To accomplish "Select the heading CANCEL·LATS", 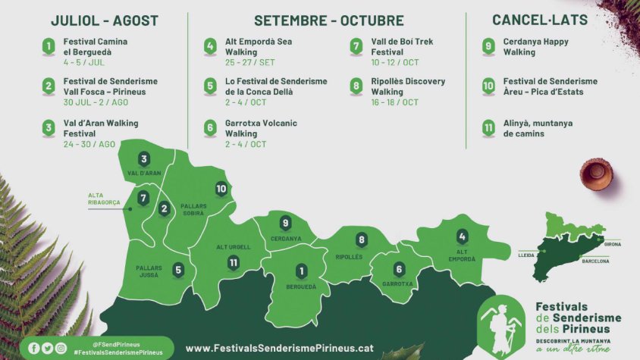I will pyautogui.click(x=539, y=20).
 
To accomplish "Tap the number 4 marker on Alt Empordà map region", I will pyautogui.click(x=463, y=237).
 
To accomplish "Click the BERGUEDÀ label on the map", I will pyautogui.click(x=301, y=287).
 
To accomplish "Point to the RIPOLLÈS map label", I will pyautogui.click(x=349, y=257).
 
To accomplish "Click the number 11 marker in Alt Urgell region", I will pyautogui.click(x=234, y=262).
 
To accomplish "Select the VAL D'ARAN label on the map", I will pyautogui.click(x=144, y=174).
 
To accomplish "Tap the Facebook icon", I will pyautogui.click(x=33, y=348).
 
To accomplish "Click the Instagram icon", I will pyautogui.click(x=61, y=348).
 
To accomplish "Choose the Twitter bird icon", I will pyautogui.click(x=47, y=348).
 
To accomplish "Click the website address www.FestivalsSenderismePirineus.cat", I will pyautogui.click(x=279, y=348).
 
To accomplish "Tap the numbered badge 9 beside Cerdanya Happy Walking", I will pyautogui.click(x=489, y=47).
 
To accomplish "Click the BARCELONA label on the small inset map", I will pyautogui.click(x=595, y=261).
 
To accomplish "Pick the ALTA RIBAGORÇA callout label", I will pyautogui.click(x=103, y=199).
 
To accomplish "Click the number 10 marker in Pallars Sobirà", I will pyautogui.click(x=221, y=189).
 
